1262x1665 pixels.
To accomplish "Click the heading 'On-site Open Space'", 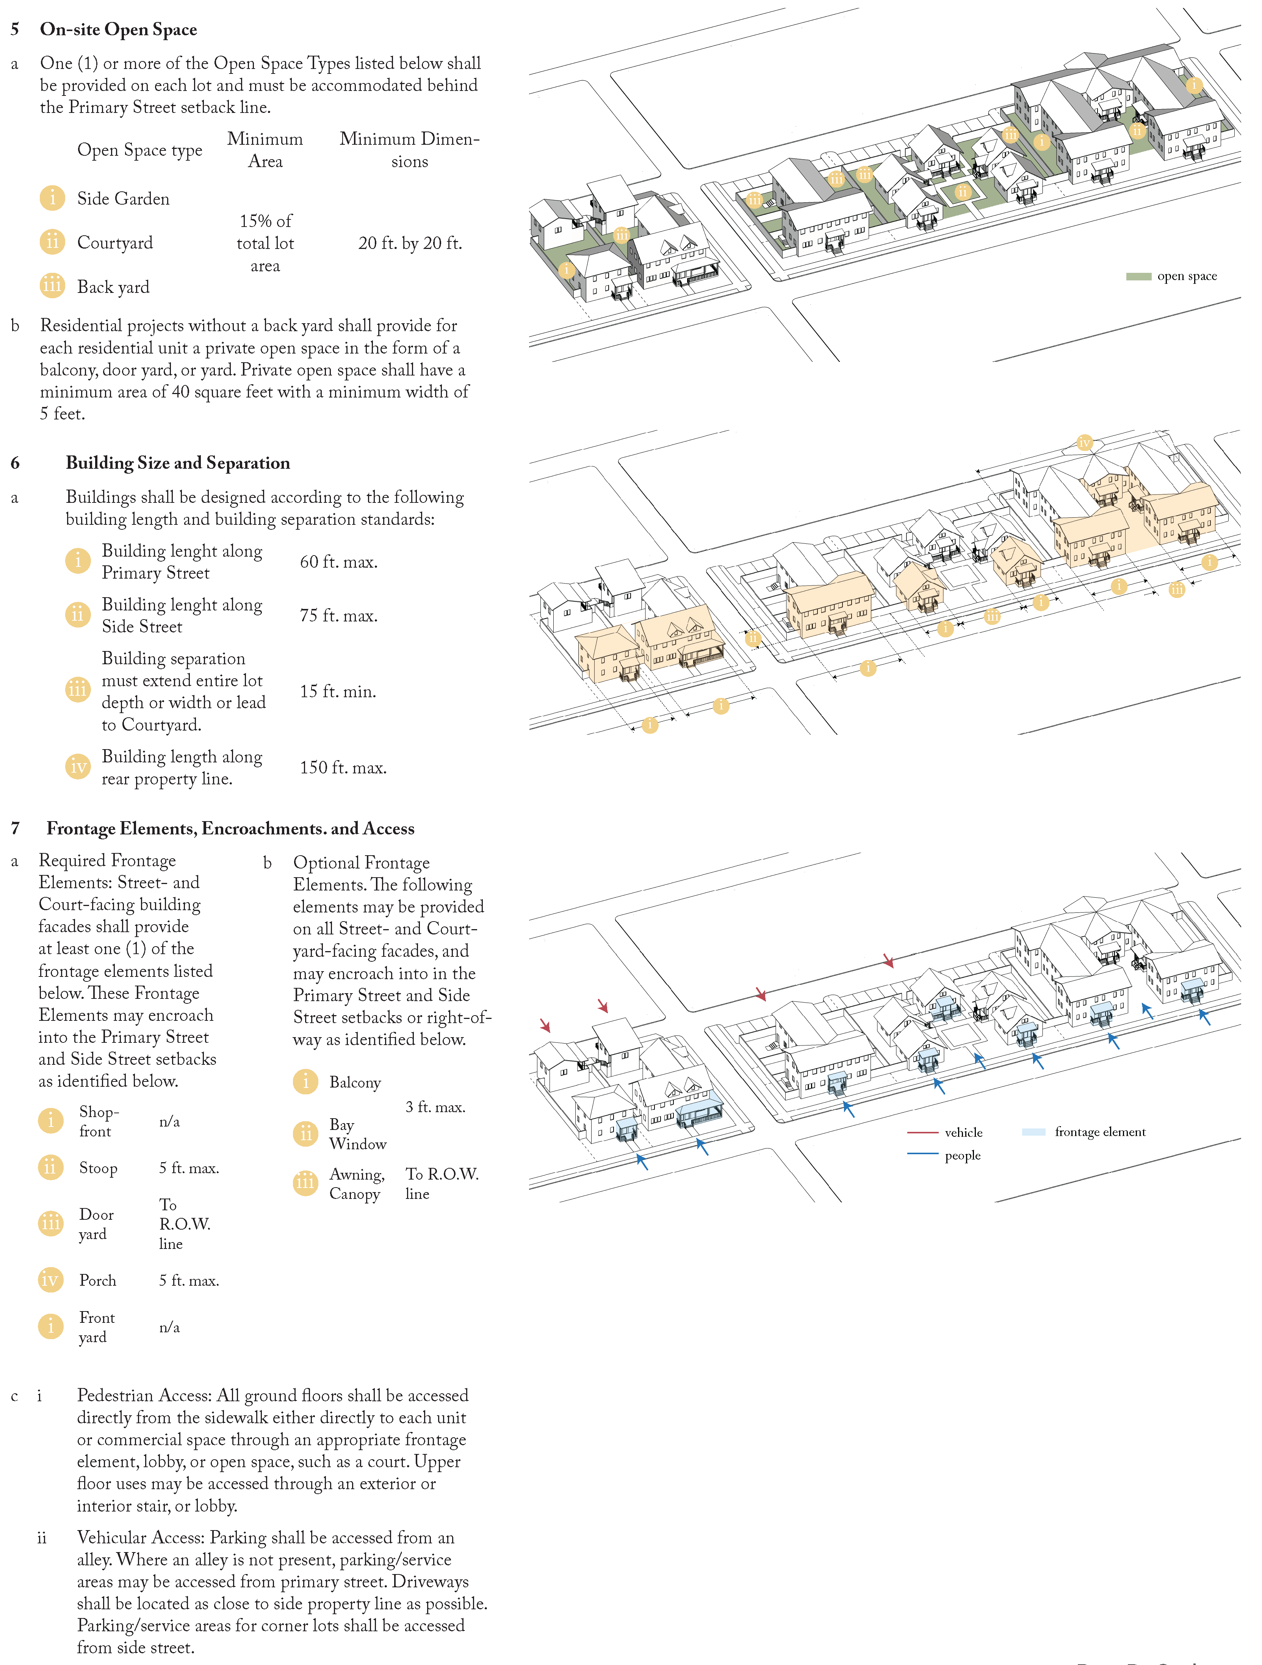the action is [118, 29].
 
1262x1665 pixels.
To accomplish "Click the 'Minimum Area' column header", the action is [265, 150].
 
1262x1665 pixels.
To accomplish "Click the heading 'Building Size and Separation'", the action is [178, 463].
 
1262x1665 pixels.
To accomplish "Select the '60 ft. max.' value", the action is [339, 562].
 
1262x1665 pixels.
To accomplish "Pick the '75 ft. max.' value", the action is [339, 616].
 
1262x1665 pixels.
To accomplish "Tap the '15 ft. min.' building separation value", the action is [338, 692].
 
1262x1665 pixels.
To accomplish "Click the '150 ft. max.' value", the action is [343, 768].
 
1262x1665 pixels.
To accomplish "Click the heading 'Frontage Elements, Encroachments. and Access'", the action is [230, 829].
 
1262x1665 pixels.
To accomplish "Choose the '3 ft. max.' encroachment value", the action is [435, 1107].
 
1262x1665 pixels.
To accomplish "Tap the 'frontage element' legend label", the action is [1100, 1132].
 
